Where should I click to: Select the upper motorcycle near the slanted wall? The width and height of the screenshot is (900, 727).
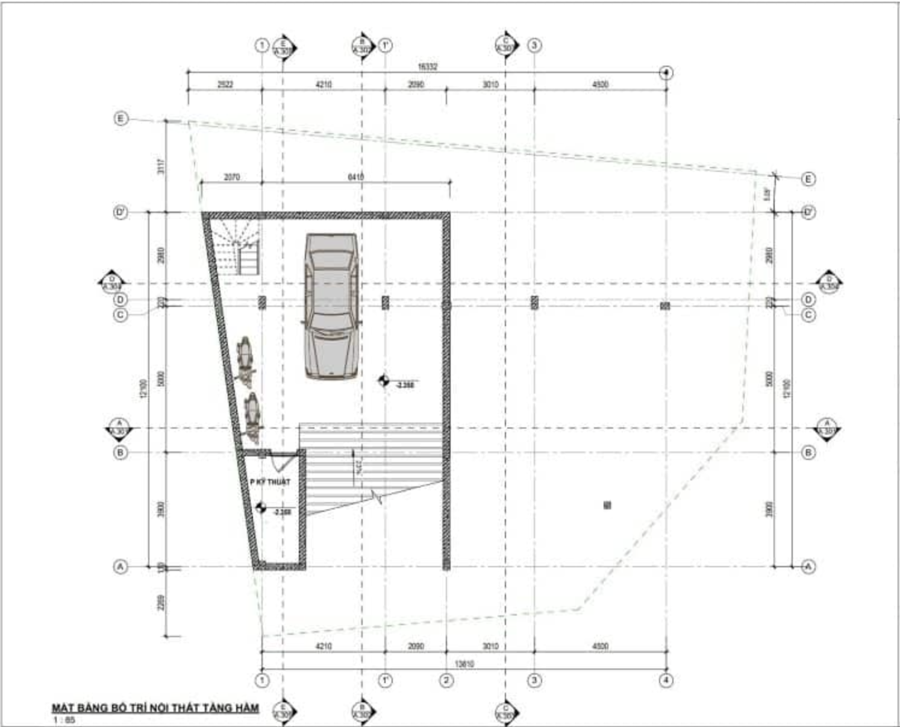246,359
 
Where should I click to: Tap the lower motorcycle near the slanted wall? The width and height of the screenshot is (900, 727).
253,415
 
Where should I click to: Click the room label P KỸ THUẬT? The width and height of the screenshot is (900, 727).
270,482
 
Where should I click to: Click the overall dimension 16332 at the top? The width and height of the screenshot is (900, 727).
427,66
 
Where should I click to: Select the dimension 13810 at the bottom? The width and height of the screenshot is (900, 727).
464,664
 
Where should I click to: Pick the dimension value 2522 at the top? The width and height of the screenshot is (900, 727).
225,85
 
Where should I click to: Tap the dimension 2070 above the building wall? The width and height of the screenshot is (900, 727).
231,177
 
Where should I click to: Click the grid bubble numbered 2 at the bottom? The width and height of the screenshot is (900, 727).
446,681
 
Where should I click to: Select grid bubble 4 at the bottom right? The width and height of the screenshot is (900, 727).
666,681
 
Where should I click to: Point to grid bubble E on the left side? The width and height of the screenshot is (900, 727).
120,119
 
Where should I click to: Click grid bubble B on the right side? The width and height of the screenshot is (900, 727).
809,452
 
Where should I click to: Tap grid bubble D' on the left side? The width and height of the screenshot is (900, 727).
120,213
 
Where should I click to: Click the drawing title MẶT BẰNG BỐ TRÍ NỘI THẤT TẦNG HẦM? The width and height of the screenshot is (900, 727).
155,708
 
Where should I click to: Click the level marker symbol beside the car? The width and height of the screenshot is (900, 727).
383,380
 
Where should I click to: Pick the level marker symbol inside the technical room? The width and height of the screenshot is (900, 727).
261,508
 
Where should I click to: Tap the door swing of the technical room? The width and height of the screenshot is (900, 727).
278,462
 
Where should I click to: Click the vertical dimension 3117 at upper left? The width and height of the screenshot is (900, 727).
160,166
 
